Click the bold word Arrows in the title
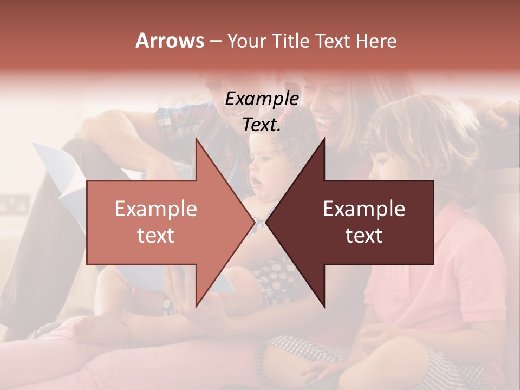170,41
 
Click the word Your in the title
247,41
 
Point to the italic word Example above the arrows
262,99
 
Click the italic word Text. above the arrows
262,125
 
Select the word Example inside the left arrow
155,209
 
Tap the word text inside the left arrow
155,235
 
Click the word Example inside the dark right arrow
364,209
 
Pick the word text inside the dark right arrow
364,235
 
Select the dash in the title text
215,41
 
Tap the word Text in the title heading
334,41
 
